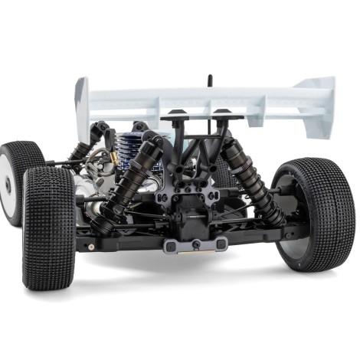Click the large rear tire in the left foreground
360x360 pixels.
(x=48, y=227)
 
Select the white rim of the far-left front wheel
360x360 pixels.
(x=7, y=184)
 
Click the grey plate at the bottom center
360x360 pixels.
(x=195, y=244)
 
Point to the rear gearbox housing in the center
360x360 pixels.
(x=191, y=218)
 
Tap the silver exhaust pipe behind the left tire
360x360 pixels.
(x=87, y=191)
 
